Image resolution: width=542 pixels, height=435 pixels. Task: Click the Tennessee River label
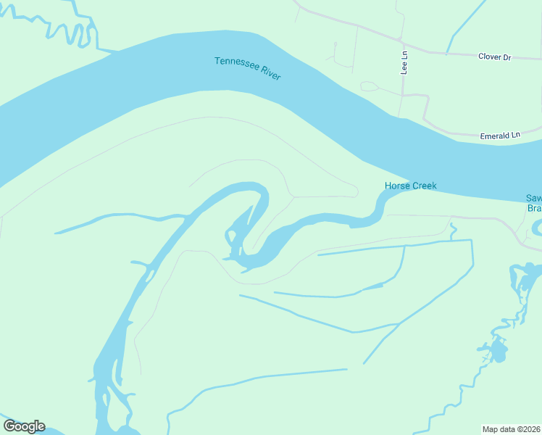point(247,68)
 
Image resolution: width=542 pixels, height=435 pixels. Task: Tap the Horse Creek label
point(410,186)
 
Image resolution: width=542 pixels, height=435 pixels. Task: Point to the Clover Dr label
point(495,57)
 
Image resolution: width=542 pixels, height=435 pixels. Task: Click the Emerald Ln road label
point(501,136)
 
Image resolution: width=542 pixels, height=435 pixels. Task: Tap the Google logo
point(24,426)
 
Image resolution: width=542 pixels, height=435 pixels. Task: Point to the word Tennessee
point(233,64)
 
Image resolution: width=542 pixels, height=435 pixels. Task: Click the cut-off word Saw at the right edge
point(533,199)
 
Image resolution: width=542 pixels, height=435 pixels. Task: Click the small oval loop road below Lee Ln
point(370,87)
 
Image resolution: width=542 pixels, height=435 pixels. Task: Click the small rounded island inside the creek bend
point(231,236)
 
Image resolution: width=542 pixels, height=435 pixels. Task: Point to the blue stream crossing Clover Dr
point(450,49)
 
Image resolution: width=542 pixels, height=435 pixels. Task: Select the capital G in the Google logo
point(9,426)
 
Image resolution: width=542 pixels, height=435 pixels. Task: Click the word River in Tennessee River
point(270,74)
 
